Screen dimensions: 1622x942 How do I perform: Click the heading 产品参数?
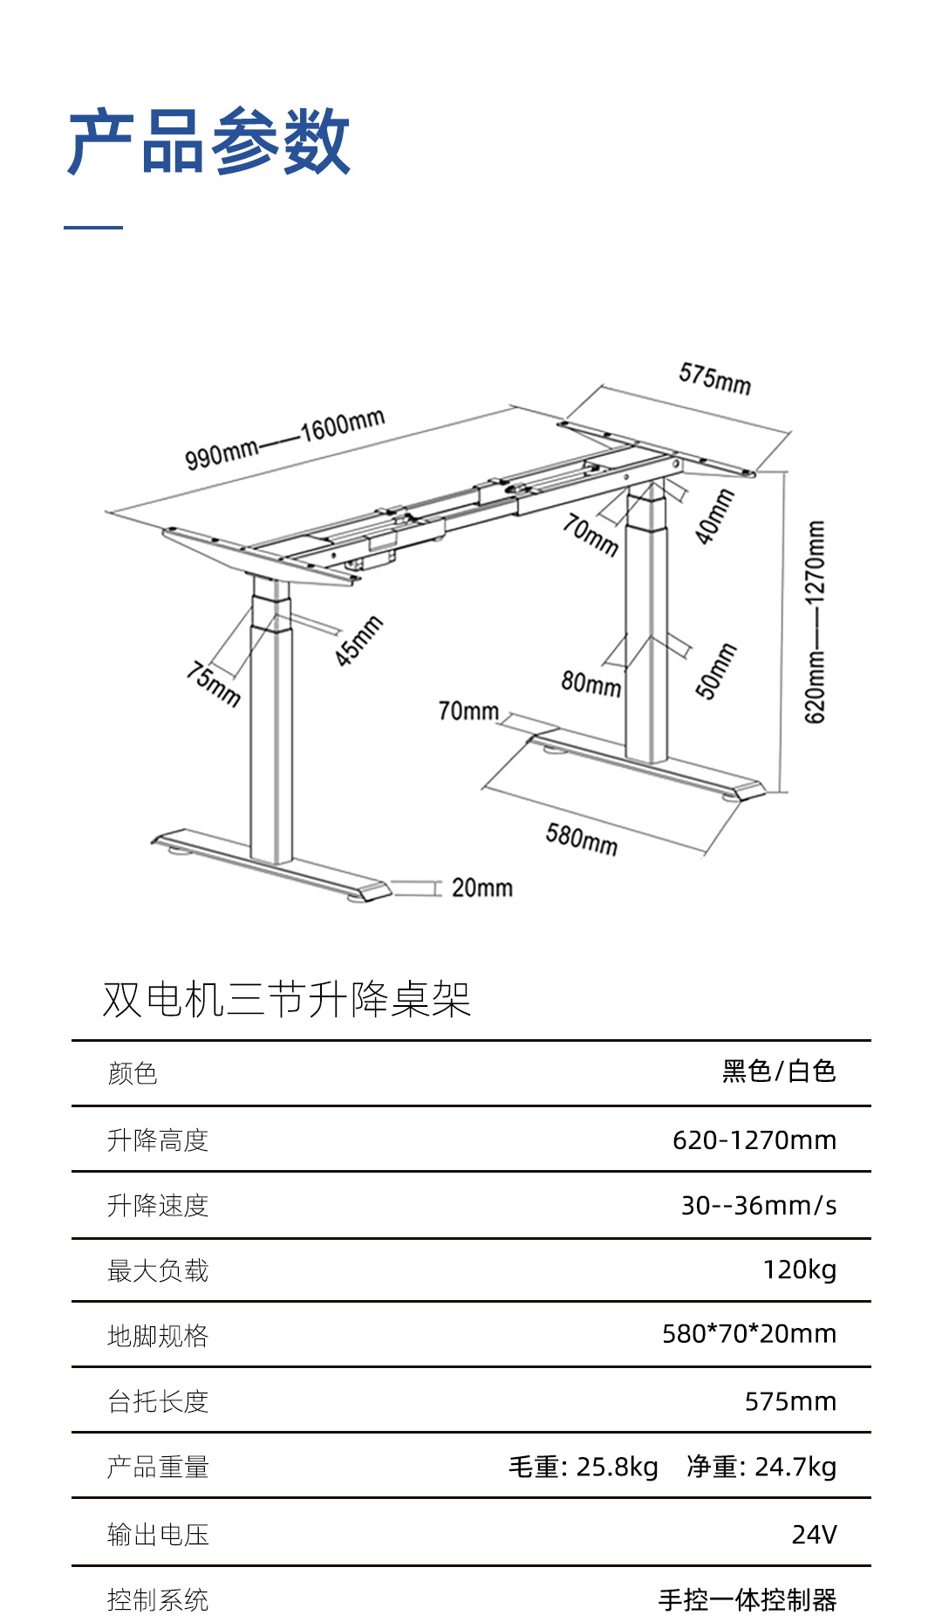[x=209, y=141]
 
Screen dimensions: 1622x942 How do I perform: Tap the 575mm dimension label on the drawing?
[x=714, y=379]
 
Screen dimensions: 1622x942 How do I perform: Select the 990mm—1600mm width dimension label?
[x=284, y=439]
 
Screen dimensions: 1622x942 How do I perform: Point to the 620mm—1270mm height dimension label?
[x=815, y=622]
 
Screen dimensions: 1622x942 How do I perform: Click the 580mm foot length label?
[x=582, y=839]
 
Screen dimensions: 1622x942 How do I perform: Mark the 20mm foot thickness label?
[x=481, y=888]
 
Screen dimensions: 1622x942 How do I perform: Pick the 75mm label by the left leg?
[x=214, y=683]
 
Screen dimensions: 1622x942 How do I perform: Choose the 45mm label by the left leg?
[x=359, y=641]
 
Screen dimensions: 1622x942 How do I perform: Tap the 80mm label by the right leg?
[x=591, y=683]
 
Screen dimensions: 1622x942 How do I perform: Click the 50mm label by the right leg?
[x=716, y=671]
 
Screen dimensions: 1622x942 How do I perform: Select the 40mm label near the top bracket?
[x=714, y=517]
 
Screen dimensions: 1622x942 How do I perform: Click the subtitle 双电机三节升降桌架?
[x=287, y=999]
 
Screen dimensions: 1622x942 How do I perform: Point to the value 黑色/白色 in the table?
[x=779, y=1071]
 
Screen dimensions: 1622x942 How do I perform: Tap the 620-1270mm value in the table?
[x=754, y=1140]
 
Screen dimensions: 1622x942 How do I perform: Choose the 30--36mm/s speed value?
[x=759, y=1205]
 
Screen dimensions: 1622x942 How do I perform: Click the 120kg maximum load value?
[x=800, y=1270]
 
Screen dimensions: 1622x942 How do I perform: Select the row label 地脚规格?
[x=158, y=1336]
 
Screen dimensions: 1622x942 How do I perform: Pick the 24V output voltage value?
[x=814, y=1534]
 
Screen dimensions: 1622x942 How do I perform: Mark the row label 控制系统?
[x=158, y=1600]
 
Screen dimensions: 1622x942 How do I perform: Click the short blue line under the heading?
[x=93, y=228]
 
